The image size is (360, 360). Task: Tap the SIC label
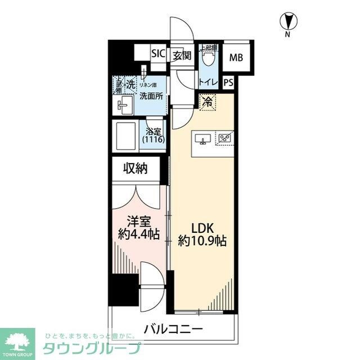pos(158,55)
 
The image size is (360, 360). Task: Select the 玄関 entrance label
pos(182,55)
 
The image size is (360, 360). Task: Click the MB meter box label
pos(236,57)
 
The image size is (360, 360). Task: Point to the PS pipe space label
pos(228,82)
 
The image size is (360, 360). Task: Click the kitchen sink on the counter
pos(203,139)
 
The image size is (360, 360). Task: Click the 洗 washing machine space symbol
pos(129,84)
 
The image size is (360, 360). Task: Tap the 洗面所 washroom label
pos(151,96)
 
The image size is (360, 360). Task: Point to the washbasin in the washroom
pos(124,105)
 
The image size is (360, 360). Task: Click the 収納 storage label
pos(136,168)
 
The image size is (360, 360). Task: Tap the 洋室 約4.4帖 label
pos(139,228)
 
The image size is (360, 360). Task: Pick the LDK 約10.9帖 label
pos(202,234)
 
